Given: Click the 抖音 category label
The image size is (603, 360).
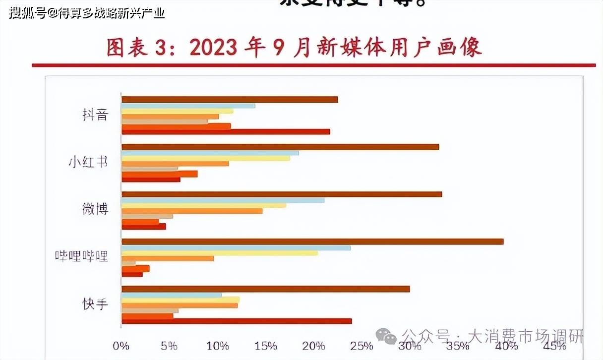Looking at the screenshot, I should tap(95, 115).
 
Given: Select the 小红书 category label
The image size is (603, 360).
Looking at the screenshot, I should tap(88, 163).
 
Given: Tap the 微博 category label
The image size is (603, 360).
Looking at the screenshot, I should tap(95, 209).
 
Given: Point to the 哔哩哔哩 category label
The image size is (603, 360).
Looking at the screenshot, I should tap(81, 256).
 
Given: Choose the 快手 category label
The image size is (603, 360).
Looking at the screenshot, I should tap(95, 303).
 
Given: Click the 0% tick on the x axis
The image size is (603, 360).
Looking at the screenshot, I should tap(121, 346).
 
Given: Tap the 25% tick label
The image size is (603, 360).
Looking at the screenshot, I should tap(362, 346).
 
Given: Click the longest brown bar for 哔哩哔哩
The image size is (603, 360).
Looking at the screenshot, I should tap(312, 241).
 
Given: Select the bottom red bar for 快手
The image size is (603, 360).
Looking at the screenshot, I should tap(237, 321).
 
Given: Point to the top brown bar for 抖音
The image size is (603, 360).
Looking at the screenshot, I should tap(230, 100).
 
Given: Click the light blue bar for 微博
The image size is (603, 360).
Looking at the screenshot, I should tap(223, 200).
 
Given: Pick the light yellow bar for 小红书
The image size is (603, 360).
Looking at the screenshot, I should tap(206, 158).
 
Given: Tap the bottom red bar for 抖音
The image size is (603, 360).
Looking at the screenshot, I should tap(226, 131).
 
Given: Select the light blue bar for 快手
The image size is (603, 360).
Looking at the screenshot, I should tap(172, 295).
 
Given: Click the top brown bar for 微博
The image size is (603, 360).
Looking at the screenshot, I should tap(282, 194).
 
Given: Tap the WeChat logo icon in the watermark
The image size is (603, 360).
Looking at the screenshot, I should tap(386, 337).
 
